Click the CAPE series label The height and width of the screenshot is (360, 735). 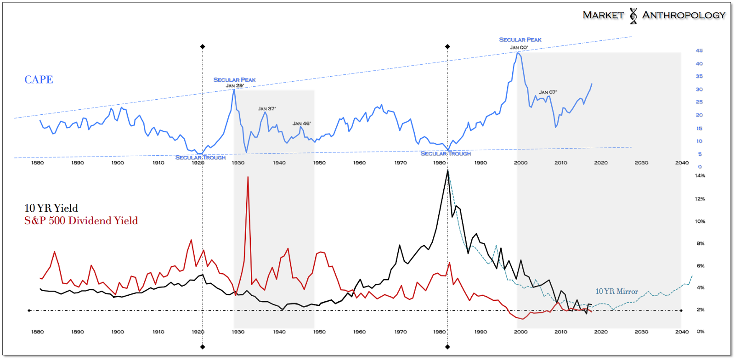39,79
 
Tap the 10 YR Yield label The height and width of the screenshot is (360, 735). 51,208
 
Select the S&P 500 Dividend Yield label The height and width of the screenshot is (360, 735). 81,221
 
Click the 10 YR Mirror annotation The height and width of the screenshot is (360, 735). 616,292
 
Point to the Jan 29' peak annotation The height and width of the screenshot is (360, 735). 234,86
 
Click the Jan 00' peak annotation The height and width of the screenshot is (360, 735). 519,48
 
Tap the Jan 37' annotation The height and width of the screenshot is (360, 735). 266,109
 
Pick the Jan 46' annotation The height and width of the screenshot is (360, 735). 301,124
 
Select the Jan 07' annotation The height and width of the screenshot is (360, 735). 548,92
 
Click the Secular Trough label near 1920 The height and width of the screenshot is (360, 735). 200,157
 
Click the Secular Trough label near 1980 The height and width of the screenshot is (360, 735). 446,153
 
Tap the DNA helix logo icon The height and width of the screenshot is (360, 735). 633,16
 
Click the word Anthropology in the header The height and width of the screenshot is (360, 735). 684,15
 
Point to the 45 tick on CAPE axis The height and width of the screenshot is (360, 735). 699,51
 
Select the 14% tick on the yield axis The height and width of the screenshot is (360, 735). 700,175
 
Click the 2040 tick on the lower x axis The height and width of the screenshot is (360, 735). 682,332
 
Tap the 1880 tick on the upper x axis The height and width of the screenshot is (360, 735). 37,163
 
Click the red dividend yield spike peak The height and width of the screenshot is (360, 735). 248,177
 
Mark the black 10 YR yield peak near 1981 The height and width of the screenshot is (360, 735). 447,171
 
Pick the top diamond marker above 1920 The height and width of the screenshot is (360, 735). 203,46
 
